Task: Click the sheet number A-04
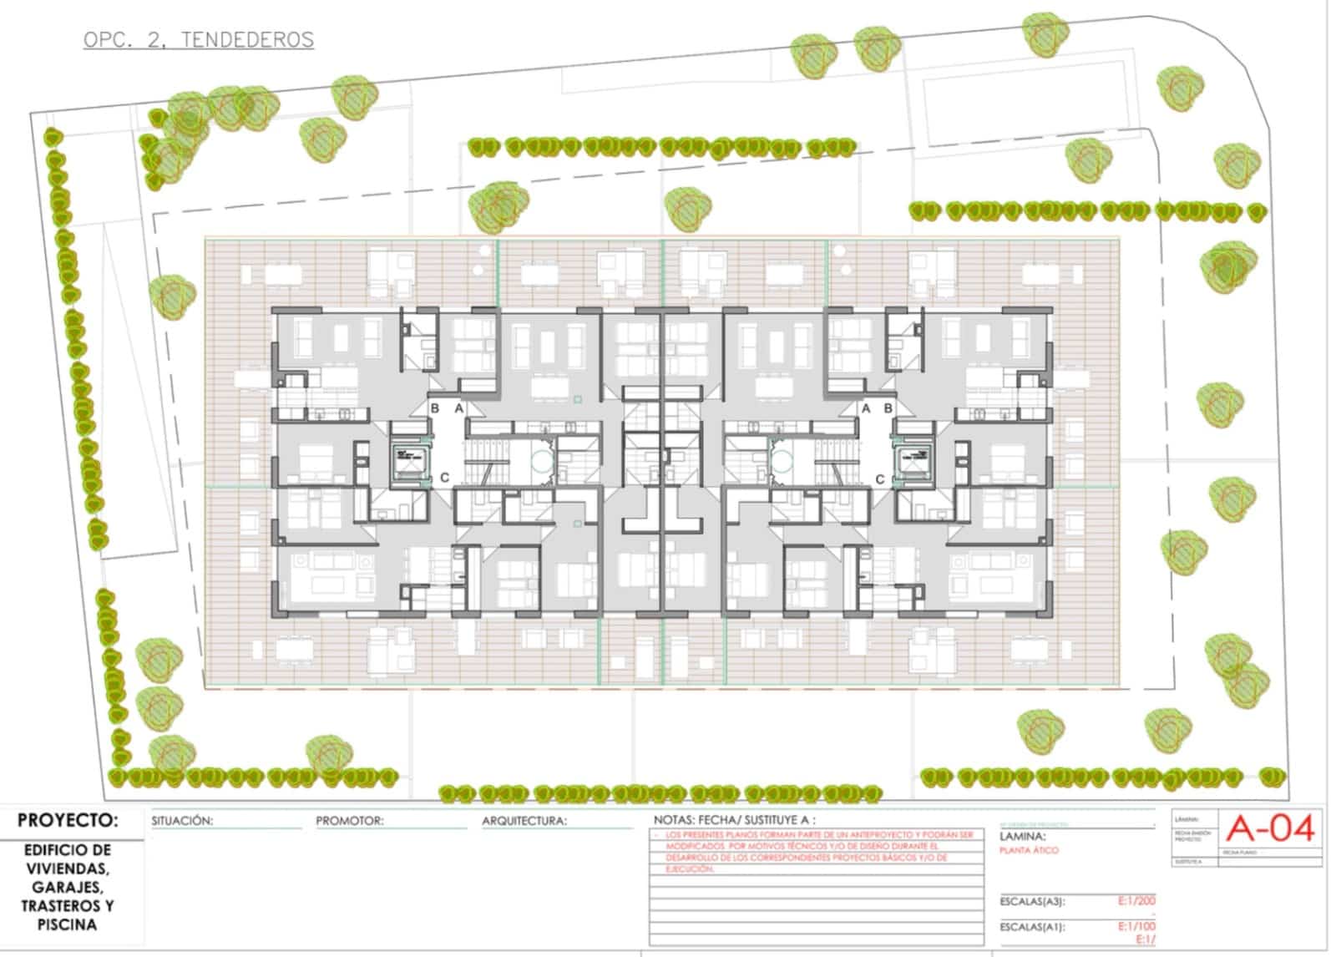click(1270, 829)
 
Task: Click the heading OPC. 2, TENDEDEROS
click(199, 39)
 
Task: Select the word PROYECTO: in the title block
click(68, 821)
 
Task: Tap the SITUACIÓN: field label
click(182, 821)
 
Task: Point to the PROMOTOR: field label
click(349, 821)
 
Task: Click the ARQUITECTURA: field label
click(524, 821)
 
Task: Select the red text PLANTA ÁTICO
click(1029, 850)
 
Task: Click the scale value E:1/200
click(1136, 901)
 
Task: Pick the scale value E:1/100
click(1136, 926)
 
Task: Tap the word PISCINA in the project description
click(67, 924)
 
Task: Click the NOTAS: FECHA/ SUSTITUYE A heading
click(734, 820)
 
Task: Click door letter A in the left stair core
click(458, 408)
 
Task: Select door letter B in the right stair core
click(888, 408)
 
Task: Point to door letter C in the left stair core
click(444, 478)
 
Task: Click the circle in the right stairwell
click(782, 460)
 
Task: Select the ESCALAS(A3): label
click(1032, 902)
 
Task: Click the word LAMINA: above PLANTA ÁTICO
click(1022, 836)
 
